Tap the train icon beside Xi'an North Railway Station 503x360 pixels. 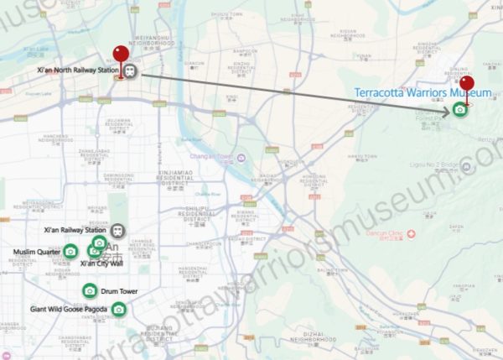click(x=132, y=70)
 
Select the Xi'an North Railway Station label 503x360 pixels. click(x=78, y=70)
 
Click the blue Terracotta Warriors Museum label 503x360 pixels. click(x=422, y=92)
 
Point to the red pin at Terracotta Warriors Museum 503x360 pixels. click(x=467, y=85)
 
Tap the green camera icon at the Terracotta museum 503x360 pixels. click(x=459, y=109)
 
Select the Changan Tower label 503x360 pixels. click(x=215, y=157)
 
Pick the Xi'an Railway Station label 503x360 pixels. click(x=75, y=230)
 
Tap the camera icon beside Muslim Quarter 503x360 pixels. click(x=70, y=251)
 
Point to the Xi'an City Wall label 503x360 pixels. click(x=101, y=263)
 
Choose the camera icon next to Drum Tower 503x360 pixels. click(x=90, y=290)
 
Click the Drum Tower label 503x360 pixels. click(x=119, y=291)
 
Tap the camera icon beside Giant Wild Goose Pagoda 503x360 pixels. click(x=119, y=310)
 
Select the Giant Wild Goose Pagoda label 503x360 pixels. click(x=70, y=310)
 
